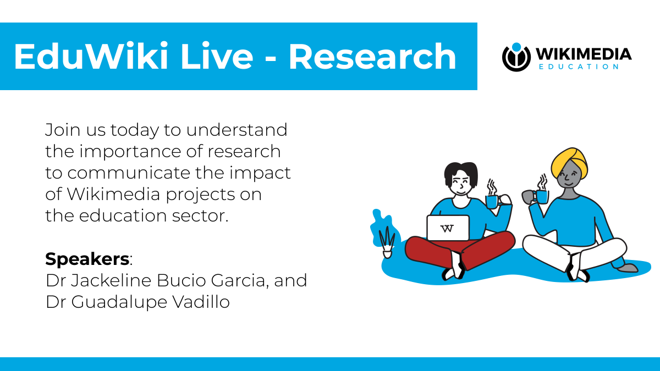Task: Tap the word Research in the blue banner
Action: [372, 57]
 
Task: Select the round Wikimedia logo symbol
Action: [516, 57]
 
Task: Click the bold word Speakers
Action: [87, 258]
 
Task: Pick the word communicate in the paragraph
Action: [128, 173]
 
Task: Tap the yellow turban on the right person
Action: [568, 160]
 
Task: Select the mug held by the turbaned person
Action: [540, 196]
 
